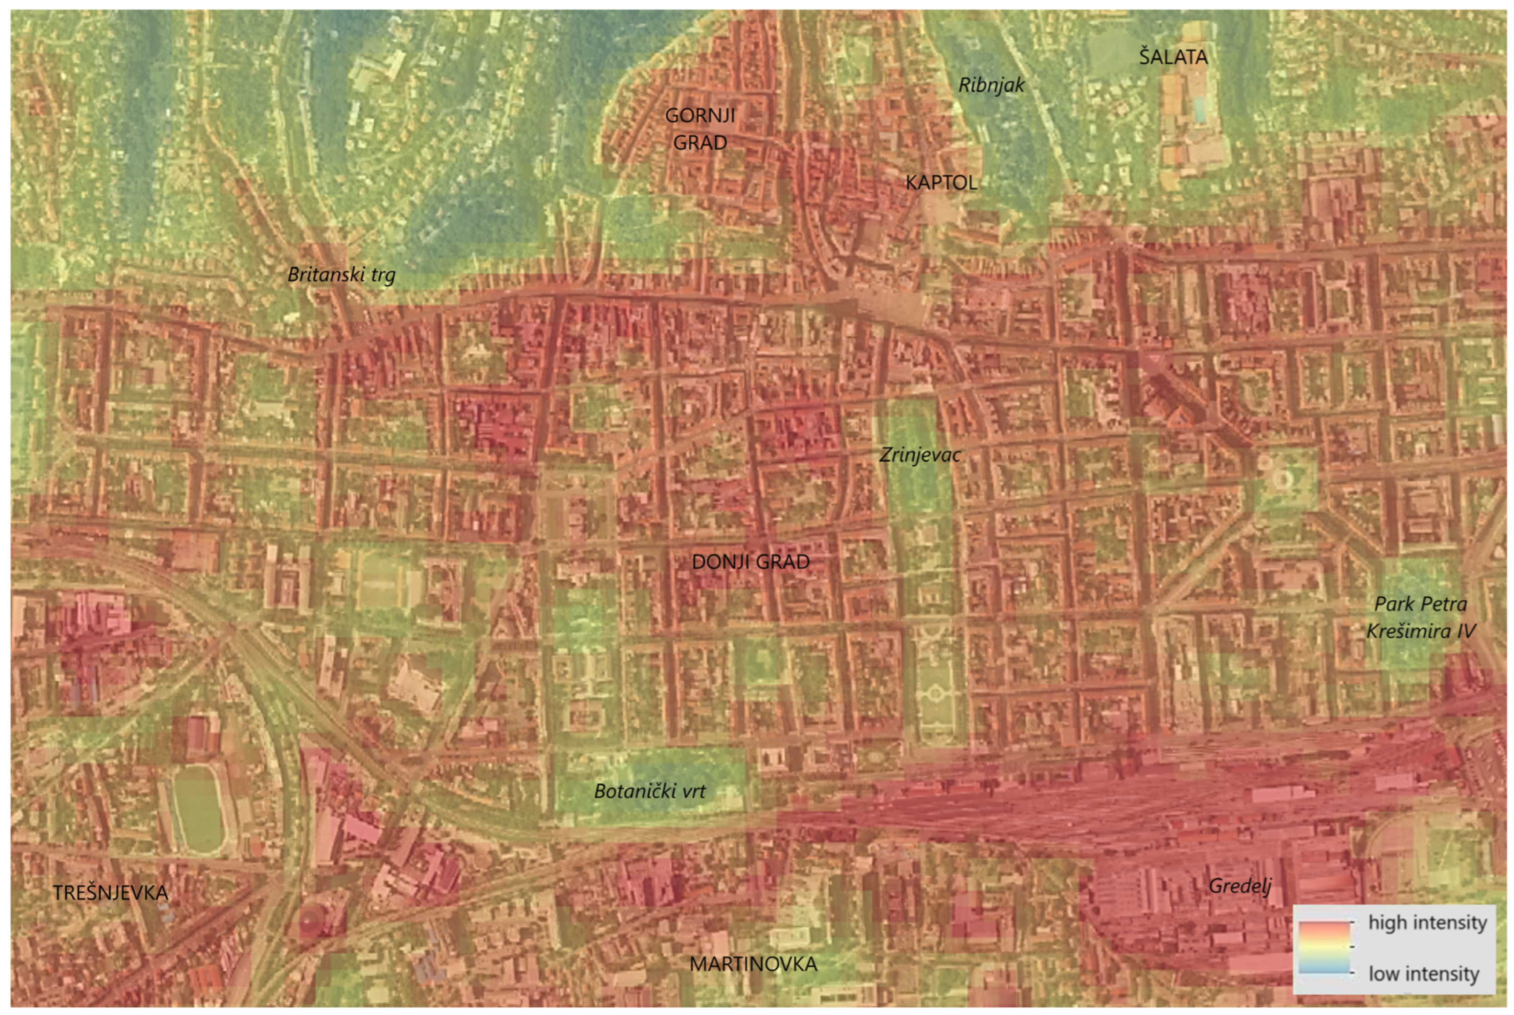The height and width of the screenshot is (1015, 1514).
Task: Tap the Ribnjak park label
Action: tap(991, 85)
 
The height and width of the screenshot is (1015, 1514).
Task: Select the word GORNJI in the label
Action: tap(700, 115)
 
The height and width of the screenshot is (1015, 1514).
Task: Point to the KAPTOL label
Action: tap(941, 183)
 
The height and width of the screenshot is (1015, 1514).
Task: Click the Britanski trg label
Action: tap(341, 275)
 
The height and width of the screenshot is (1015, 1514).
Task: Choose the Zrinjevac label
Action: tap(919, 455)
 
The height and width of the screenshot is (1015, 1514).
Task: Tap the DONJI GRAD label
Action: tap(750, 562)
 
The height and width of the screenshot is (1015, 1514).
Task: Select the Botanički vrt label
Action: tap(649, 791)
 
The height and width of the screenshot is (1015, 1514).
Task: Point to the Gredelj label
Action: tap(1239, 885)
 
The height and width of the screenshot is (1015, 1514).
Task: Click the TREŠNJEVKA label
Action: tap(110, 893)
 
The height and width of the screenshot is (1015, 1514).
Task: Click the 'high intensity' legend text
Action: tap(1427, 922)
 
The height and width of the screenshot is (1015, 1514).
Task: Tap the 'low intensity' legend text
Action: tap(1424, 974)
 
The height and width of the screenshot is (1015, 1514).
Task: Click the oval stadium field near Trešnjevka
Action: tap(197, 809)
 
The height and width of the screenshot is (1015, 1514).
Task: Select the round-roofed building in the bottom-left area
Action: tap(315, 919)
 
